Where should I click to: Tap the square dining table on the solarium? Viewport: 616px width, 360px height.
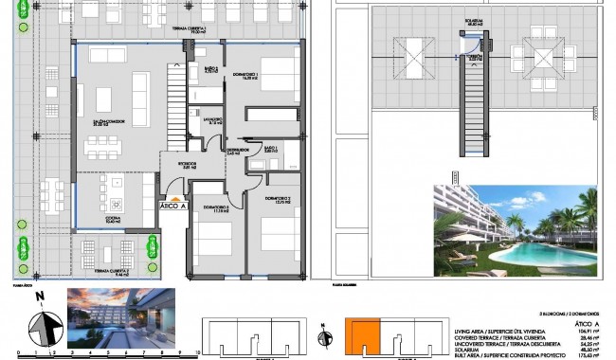pos(549,56)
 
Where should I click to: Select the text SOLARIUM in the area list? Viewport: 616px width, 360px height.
pos(468,350)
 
